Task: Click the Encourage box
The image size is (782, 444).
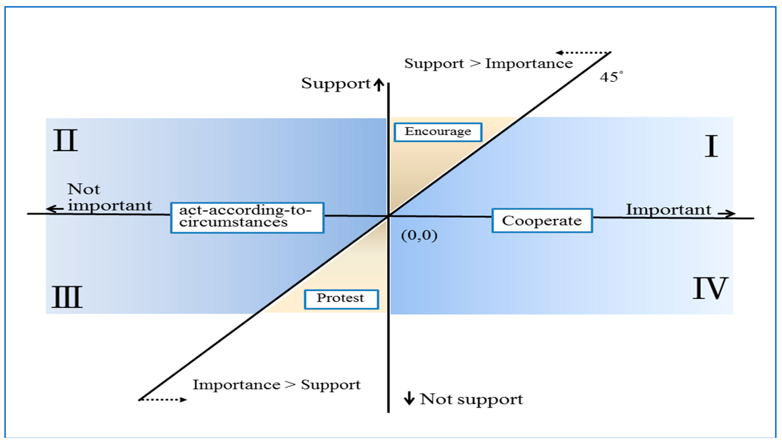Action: point(438,132)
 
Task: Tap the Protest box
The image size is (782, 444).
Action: point(341,299)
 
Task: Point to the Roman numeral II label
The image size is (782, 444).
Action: point(65,140)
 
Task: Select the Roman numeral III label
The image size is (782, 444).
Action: point(67,297)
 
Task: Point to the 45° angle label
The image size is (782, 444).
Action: point(611,77)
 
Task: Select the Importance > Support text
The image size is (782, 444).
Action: point(276,385)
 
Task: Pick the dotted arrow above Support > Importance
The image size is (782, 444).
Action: point(583,53)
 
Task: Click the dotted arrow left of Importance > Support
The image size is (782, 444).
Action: point(163,399)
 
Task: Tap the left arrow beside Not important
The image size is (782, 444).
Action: point(55,209)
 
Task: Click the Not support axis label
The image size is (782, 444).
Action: point(471,399)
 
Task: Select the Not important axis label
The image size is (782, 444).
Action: point(109,197)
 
